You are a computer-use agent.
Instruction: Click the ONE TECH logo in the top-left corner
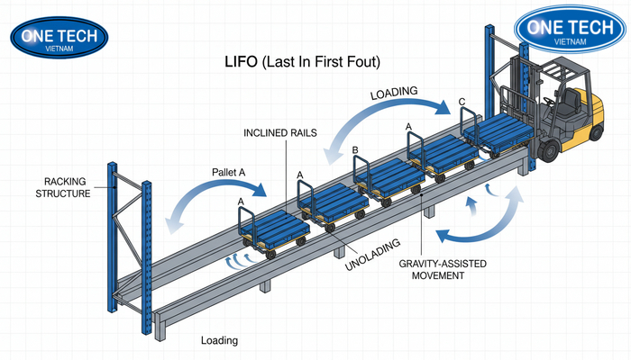click(x=59, y=37)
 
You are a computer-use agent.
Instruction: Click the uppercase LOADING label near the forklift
click(x=395, y=93)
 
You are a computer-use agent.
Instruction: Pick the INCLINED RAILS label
click(x=273, y=133)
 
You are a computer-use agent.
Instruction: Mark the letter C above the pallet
click(x=462, y=102)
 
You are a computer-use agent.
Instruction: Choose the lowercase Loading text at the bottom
click(x=219, y=341)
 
